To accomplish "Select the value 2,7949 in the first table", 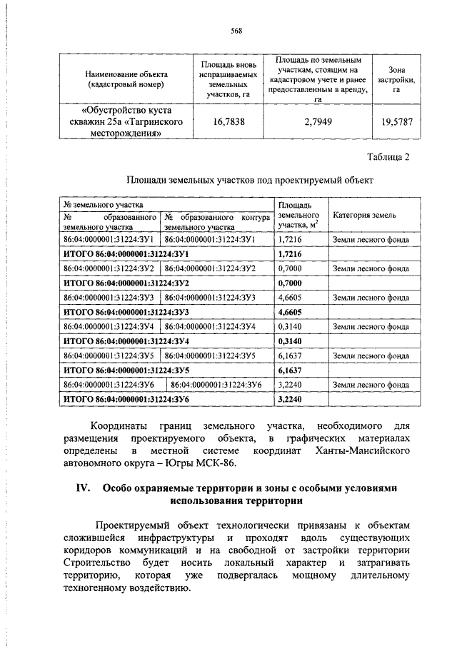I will coord(318,122).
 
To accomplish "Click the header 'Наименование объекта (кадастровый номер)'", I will coord(126,79).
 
